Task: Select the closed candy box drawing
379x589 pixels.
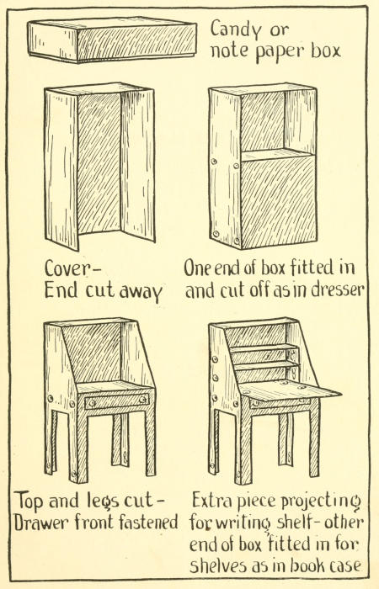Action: (112, 40)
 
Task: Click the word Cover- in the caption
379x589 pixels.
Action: (72, 268)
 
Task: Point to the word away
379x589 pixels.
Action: (141, 291)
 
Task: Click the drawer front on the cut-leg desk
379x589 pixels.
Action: (116, 401)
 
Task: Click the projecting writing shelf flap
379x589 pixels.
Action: (290, 390)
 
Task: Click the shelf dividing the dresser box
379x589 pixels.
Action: (277, 155)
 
